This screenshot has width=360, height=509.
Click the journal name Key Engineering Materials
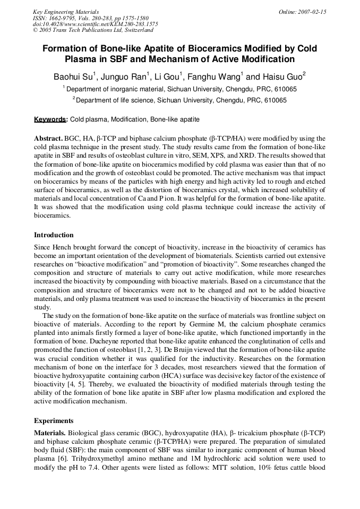65,11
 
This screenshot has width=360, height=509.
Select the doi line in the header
95,24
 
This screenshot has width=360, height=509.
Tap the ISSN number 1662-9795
62,18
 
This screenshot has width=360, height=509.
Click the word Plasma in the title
82,59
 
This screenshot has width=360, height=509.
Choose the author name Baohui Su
73,76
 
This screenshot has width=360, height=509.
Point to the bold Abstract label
49,138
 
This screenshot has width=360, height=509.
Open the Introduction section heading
54,235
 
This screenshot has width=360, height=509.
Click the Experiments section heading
54,420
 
